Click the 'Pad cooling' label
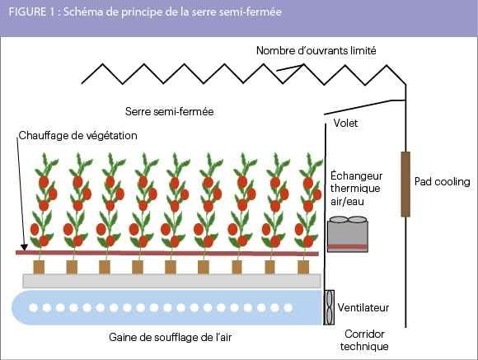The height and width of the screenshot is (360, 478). pyautogui.click(x=442, y=182)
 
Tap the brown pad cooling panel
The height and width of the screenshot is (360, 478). pyautogui.click(x=405, y=184)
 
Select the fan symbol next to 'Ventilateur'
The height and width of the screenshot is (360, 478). pyautogui.click(x=329, y=307)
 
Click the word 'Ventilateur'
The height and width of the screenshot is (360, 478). pyautogui.click(x=363, y=307)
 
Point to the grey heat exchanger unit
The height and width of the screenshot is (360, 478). pyautogui.click(x=348, y=234)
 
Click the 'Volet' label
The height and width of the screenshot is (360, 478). pyautogui.click(x=345, y=123)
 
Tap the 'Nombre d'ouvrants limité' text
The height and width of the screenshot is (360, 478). pyautogui.click(x=316, y=50)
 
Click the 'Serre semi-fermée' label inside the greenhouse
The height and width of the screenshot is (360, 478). pyautogui.click(x=169, y=111)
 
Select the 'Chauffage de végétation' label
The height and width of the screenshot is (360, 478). pyautogui.click(x=77, y=136)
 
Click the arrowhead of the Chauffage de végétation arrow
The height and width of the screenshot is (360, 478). pyautogui.click(x=24, y=247)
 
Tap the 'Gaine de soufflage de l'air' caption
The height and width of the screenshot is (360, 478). pyautogui.click(x=170, y=337)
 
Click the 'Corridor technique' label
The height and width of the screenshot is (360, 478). pyautogui.click(x=364, y=340)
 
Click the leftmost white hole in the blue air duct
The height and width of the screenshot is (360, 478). pyautogui.click(x=33, y=307)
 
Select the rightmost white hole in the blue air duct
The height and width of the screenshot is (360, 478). pyautogui.click(x=288, y=307)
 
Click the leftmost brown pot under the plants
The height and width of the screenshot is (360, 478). pyautogui.click(x=39, y=267)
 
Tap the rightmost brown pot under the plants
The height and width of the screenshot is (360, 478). pyautogui.click(x=303, y=267)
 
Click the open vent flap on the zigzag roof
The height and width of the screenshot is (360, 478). pyautogui.click(x=289, y=68)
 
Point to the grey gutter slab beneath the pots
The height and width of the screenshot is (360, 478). pyautogui.click(x=172, y=281)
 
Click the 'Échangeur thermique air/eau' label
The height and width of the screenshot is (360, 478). pyautogui.click(x=356, y=189)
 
